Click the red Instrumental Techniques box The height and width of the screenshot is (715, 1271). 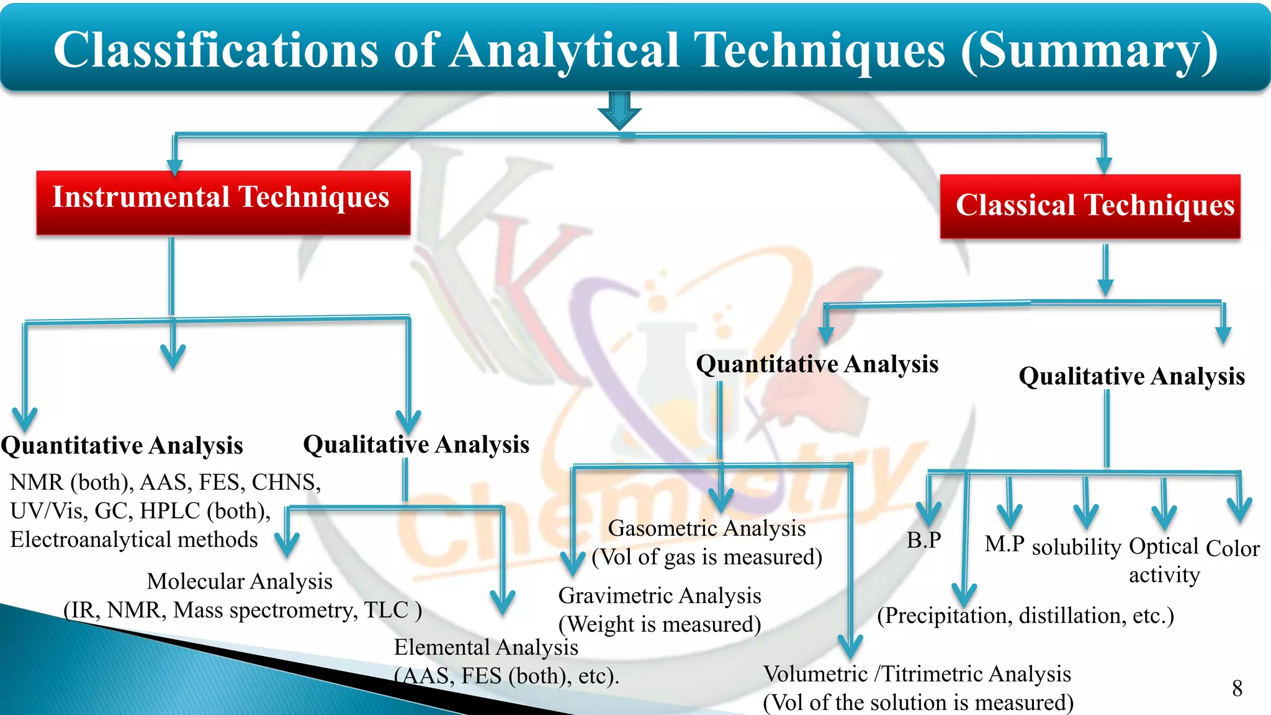223,202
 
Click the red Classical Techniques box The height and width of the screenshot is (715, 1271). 1090,207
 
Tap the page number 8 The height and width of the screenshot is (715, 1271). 1237,688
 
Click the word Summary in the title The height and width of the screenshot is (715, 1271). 1089,51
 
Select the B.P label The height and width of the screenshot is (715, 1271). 923,541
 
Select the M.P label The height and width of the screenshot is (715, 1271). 1004,544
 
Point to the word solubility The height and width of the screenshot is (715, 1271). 1076,547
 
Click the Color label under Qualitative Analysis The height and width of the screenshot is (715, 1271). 1232,549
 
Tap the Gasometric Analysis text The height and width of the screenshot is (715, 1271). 707,529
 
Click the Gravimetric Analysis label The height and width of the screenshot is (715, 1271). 660,596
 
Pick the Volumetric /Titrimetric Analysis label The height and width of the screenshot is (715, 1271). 917,674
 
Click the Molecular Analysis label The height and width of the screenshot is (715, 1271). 240,582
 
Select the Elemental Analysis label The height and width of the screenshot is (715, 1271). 486,647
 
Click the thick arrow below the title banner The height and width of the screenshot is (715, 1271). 619,110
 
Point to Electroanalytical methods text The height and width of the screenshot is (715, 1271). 134,540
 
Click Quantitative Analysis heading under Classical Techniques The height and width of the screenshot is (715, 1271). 817,364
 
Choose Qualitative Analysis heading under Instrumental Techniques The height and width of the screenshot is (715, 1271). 416,445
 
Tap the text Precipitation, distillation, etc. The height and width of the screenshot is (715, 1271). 1025,616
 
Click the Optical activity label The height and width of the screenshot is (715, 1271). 1164,560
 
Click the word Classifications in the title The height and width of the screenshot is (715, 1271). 216,51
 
